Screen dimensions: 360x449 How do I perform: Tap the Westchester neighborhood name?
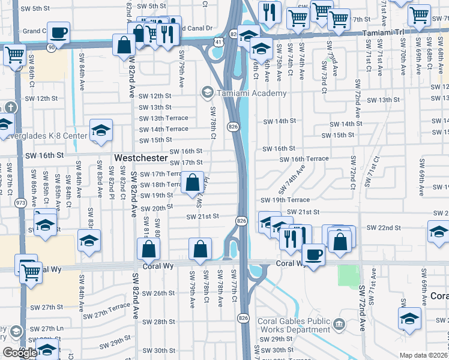tap(140, 157)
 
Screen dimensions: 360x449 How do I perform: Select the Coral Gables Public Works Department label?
tap(294, 325)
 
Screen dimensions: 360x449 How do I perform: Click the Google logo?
tap(20, 353)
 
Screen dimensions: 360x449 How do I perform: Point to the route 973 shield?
tap(21, 203)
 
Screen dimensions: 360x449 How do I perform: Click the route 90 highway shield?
tap(52, 46)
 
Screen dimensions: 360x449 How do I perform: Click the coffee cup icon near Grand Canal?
tap(59, 32)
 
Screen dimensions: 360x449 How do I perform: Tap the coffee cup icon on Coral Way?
tap(313, 255)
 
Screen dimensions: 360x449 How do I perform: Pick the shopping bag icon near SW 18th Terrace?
tap(193, 183)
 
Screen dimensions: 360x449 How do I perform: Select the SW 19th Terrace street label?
tap(285, 200)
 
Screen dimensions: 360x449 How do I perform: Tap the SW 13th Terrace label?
tap(163, 118)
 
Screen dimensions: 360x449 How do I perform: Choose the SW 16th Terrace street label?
tap(304, 159)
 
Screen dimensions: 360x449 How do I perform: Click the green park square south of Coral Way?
tap(347, 275)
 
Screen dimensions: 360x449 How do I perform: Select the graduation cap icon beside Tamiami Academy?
tap(208, 92)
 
